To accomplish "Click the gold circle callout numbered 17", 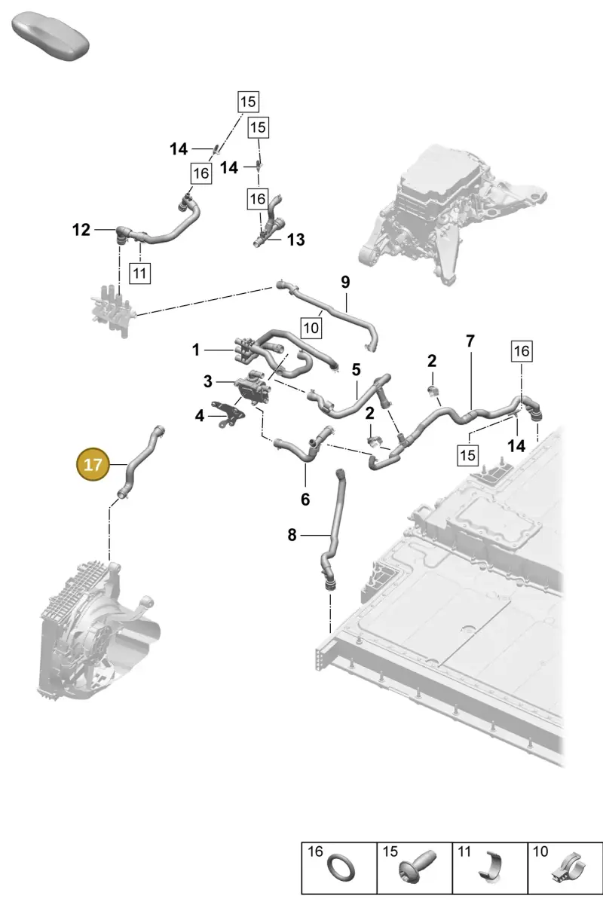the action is pos(93,464).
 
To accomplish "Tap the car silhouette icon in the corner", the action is pos(50,36).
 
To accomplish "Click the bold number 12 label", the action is pos(81,230).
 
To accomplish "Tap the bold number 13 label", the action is pos(296,240).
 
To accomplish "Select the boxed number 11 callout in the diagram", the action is pos(140,273).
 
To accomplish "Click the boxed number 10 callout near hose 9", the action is pos(311,328).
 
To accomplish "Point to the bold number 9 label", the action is pos(345,282).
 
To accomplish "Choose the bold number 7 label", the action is pos(470,341).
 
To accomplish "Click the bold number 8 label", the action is pos(292,535).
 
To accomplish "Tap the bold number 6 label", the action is pos(305,500).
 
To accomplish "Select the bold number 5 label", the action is pos(357,370).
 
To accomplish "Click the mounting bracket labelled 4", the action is pos(227,414).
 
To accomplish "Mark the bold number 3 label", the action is pos(208,382).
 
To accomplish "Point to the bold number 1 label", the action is pos(196,350).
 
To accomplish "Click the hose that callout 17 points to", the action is pos(138,463).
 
